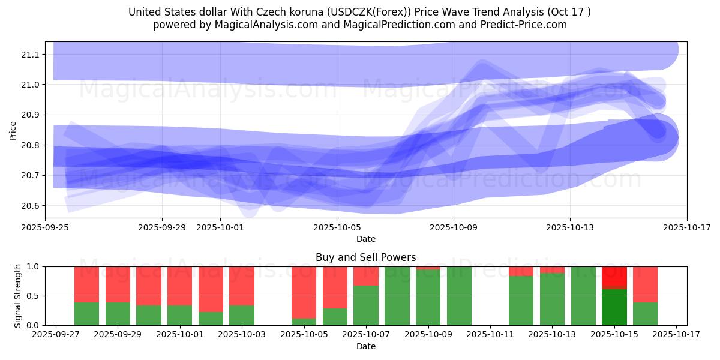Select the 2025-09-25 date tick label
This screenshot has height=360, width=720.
(46, 227)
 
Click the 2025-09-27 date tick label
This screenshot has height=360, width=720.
(56, 335)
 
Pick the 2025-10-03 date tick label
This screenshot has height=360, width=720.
(242, 335)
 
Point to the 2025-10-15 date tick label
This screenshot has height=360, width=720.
(614, 335)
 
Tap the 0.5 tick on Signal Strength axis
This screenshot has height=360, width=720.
(33, 296)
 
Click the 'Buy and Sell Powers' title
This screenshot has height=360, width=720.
(365, 257)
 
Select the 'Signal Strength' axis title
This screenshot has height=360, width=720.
(18, 295)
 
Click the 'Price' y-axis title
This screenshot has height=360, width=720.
(13, 130)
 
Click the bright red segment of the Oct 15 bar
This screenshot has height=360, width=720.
(614, 277)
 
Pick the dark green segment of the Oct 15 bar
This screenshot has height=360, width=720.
(614, 307)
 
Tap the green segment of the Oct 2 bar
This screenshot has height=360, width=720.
(211, 319)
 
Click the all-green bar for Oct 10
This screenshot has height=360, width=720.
(459, 296)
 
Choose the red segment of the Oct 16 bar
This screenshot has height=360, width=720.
(645, 284)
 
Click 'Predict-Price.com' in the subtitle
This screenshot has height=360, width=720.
(524, 25)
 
